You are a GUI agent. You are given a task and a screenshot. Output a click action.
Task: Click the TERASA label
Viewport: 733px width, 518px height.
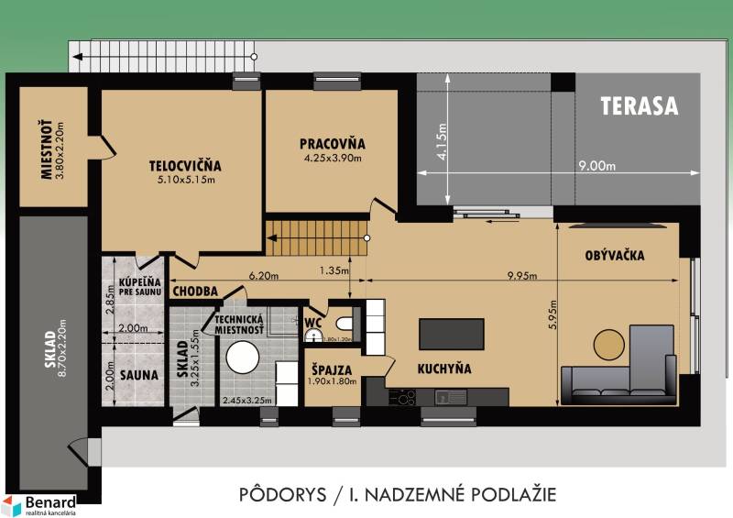(x=640, y=105)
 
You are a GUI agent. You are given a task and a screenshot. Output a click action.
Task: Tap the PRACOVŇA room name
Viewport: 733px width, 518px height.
(x=332, y=144)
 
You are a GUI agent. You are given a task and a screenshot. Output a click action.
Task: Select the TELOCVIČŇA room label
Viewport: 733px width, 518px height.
(x=186, y=166)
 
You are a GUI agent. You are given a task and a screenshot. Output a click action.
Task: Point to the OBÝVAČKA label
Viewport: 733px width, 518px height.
(x=614, y=256)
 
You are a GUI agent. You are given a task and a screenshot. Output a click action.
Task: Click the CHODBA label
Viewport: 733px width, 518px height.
(x=193, y=291)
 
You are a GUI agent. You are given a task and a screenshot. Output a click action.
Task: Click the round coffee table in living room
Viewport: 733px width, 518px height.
(x=613, y=344)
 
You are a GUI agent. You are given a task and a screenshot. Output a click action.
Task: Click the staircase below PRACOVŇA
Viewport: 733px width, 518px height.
(x=316, y=239)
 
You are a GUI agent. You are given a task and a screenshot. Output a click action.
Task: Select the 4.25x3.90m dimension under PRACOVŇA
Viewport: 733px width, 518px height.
(x=332, y=158)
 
